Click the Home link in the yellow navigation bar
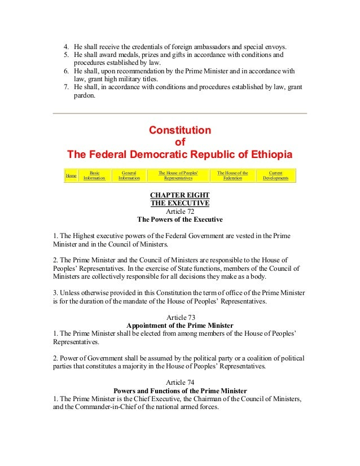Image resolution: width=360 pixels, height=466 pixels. pyautogui.click(x=71, y=175)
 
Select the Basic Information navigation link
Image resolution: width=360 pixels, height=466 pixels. pyautogui.click(x=94, y=175)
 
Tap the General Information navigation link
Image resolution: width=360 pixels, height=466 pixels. pyautogui.click(x=130, y=175)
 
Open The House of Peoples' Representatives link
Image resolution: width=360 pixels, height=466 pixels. pyautogui.click(x=178, y=175)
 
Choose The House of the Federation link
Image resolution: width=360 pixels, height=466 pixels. pyautogui.click(x=232, y=175)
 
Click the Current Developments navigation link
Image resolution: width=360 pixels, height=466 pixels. pyautogui.click(x=275, y=175)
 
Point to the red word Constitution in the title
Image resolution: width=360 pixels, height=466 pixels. pyautogui.click(x=180, y=130)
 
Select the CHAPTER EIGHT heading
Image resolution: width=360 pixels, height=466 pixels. pyautogui.click(x=180, y=195)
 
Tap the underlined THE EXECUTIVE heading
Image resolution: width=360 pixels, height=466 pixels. pyautogui.click(x=180, y=203)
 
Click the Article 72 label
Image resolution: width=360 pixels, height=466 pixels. pyautogui.click(x=180, y=211)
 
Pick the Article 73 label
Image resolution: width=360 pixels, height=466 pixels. pyautogui.click(x=180, y=316)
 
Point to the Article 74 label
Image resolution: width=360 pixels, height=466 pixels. pyautogui.click(x=180, y=381)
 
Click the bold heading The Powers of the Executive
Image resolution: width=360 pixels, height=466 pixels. pyautogui.click(x=180, y=219)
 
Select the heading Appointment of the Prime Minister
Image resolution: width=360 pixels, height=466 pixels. pyautogui.click(x=180, y=325)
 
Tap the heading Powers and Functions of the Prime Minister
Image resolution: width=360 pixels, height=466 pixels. pyautogui.click(x=180, y=390)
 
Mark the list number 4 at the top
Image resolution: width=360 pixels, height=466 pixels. pyautogui.click(x=65, y=46)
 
